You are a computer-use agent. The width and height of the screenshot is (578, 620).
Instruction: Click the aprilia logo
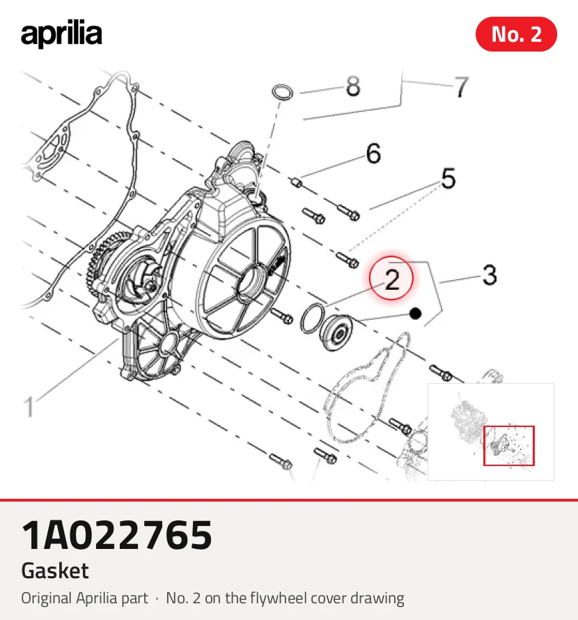pos(61,33)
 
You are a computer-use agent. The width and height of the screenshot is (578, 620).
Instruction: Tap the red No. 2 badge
pos(516,34)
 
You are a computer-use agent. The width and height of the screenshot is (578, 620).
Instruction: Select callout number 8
pos(353,86)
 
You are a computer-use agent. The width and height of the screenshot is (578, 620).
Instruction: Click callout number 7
pos(462,87)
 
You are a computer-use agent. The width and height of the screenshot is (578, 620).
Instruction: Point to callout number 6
pos(373,153)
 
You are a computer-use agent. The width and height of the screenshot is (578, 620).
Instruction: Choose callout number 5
pos(448,178)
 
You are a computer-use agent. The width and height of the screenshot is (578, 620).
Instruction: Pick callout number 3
pos(490,274)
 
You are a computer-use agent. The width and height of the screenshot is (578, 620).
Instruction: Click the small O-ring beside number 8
pos(283,92)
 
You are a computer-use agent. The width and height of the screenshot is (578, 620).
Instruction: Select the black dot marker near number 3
pos(415,313)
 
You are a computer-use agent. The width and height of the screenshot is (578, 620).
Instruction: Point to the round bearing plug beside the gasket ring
pos(336,332)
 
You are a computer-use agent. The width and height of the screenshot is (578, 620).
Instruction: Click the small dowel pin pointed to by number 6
pos(296,183)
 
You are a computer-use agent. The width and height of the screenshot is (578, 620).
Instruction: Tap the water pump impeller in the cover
pos(141,281)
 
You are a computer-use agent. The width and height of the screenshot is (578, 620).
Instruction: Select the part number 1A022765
pos(116,535)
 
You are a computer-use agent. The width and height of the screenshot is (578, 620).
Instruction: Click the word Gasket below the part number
pos(55,571)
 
